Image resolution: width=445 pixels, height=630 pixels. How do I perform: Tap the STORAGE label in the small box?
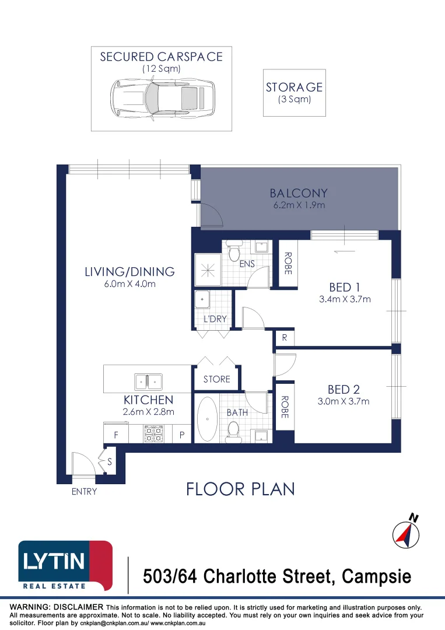[x=294, y=87]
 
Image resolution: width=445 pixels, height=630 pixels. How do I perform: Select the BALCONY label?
[x=299, y=193]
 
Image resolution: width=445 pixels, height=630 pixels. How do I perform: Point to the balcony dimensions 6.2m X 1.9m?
[x=299, y=206]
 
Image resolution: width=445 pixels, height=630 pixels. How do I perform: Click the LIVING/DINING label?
[x=129, y=271]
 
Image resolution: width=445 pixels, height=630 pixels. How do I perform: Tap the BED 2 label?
[x=343, y=390]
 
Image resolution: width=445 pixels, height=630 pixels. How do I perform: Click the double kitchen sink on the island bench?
[x=148, y=382]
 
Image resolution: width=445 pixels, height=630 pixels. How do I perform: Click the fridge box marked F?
[x=115, y=435]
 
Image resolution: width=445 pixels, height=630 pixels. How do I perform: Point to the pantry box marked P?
[x=182, y=435]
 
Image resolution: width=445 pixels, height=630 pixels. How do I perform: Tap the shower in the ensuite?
[x=207, y=269]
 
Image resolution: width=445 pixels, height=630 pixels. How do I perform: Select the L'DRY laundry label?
[x=215, y=319]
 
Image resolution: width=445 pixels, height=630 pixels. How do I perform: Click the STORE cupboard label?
[x=216, y=379]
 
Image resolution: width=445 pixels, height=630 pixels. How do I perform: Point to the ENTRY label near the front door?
[x=84, y=492]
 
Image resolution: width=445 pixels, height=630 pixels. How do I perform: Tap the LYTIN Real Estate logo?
[x=65, y=565]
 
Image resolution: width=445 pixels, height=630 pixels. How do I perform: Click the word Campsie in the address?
[x=376, y=577]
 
